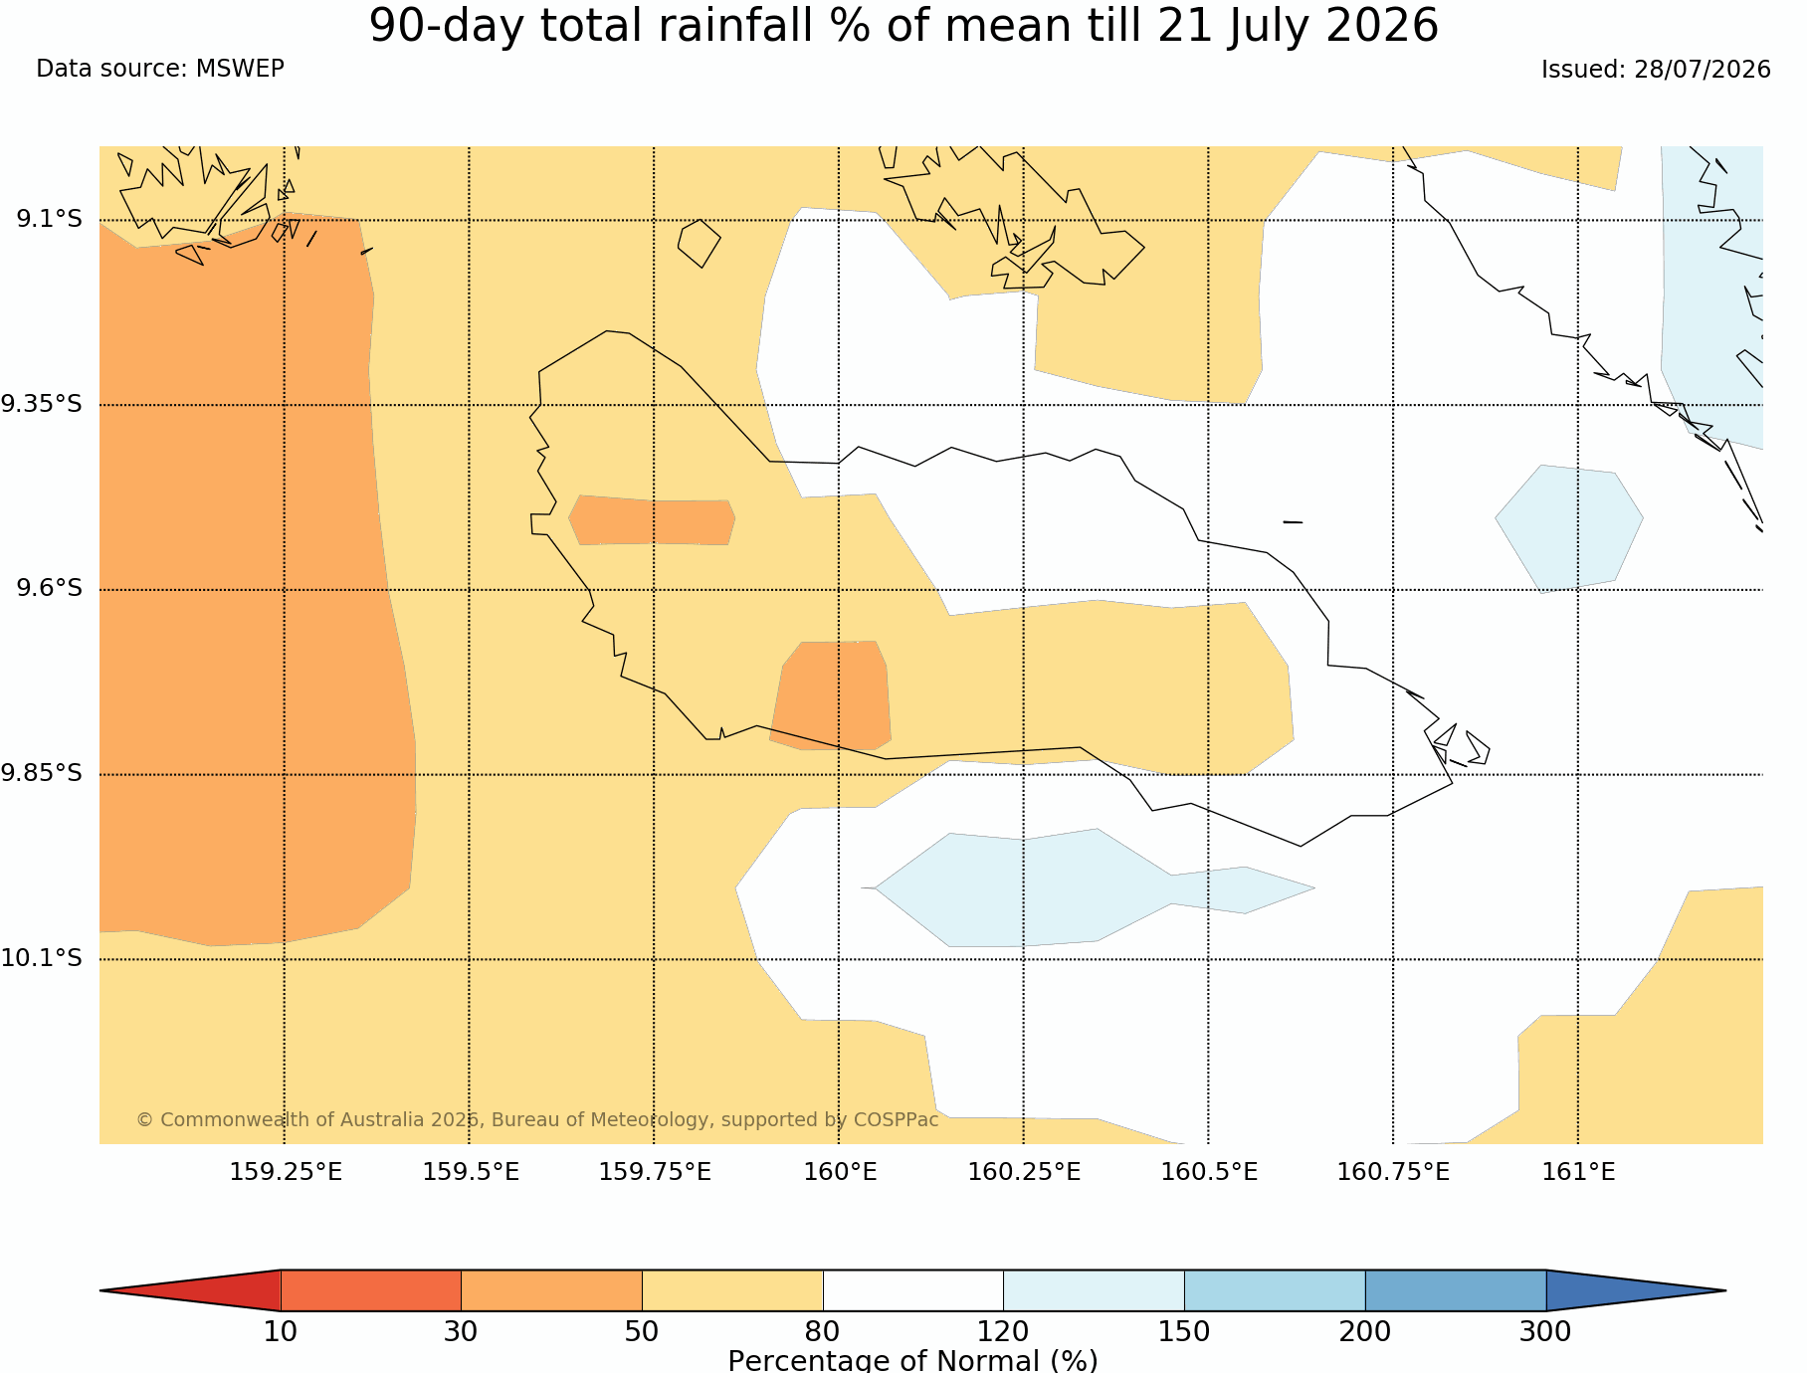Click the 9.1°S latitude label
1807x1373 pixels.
click(49, 219)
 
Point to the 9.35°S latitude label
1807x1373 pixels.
click(41, 404)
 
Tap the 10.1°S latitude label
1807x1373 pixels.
click(41, 958)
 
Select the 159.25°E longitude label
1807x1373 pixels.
click(286, 1172)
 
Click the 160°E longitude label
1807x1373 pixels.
click(840, 1172)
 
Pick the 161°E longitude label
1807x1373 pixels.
click(1578, 1172)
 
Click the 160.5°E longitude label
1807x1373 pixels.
click(1209, 1172)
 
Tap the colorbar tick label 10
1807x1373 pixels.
click(281, 1331)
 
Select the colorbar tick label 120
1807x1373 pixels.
click(1003, 1331)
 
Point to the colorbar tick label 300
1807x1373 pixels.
click(1545, 1331)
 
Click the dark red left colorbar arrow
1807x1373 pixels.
click(190, 1290)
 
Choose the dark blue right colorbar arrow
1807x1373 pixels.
click(1636, 1290)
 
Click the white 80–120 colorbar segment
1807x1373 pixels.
click(913, 1290)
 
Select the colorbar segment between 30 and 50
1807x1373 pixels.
click(551, 1290)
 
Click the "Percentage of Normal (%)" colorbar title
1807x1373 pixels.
click(912, 1360)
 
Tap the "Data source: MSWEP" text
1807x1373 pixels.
click(160, 69)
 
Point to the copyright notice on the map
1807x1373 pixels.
click(537, 1119)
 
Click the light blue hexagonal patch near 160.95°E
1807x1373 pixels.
click(1569, 528)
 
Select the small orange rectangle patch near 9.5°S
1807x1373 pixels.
click(652, 519)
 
